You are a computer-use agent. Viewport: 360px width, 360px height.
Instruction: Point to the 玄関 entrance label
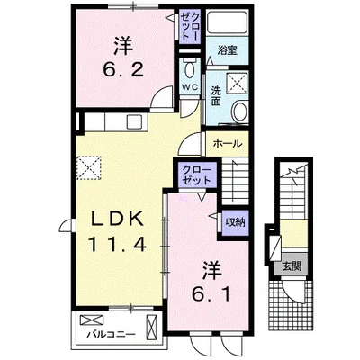click(x=291, y=265)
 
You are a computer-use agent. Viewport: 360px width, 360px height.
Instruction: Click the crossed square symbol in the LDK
click(x=89, y=166)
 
